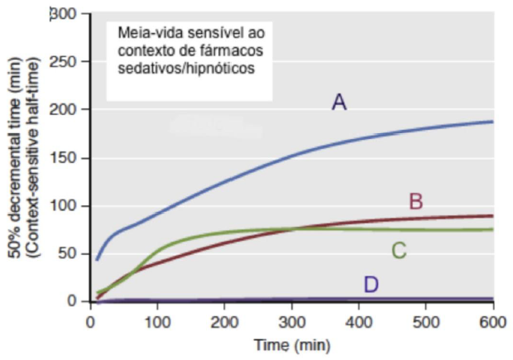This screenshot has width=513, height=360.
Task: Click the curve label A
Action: click(338, 102)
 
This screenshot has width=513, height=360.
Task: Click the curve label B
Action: click(416, 201)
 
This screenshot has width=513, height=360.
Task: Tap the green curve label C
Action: click(399, 250)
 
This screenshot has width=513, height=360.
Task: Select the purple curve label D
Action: click(371, 285)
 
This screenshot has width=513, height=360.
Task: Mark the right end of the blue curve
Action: click(493, 122)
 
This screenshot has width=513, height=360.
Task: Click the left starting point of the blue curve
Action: click(97, 259)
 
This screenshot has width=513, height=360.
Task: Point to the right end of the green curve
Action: click(493, 229)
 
